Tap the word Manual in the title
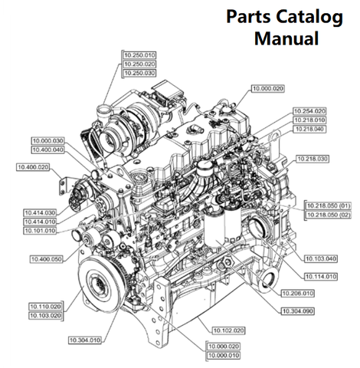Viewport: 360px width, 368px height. [x=287, y=38]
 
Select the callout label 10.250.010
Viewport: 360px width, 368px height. [x=139, y=55]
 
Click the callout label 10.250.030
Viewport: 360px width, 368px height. [x=139, y=73]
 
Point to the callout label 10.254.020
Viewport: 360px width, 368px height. [x=310, y=111]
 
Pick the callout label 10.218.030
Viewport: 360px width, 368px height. [x=313, y=158]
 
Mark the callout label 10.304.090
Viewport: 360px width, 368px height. [x=296, y=310]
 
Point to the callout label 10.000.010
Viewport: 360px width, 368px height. [x=224, y=356]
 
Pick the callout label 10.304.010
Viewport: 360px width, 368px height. [x=84, y=338]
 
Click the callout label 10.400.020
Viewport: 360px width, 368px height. [x=31, y=167]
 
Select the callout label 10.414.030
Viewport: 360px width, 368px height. [x=47, y=212]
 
